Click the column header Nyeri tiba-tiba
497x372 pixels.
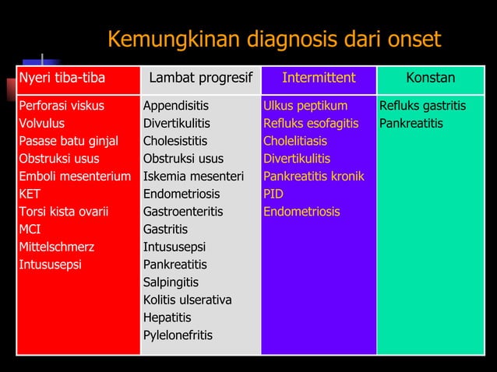click(62, 78)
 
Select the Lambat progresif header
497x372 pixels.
click(200, 78)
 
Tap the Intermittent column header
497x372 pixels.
click(318, 78)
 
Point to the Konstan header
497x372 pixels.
click(430, 78)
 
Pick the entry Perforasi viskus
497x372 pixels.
click(62, 105)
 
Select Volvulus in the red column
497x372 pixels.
click(42, 123)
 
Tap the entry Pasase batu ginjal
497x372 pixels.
click(69, 141)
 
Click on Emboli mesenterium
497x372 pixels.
click(75, 176)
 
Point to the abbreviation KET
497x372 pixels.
click(30, 194)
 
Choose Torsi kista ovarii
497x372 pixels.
click(64, 212)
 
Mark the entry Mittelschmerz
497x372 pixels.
click(56, 247)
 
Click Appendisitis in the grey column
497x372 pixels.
click(175, 105)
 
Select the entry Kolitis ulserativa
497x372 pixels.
click(187, 300)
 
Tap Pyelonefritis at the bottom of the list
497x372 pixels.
click(178, 335)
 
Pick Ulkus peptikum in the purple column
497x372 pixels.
click(305, 105)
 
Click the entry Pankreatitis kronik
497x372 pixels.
click(314, 176)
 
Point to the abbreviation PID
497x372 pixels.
click(273, 194)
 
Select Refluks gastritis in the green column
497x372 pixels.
click(421, 105)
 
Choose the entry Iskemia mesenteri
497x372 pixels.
click(193, 176)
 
